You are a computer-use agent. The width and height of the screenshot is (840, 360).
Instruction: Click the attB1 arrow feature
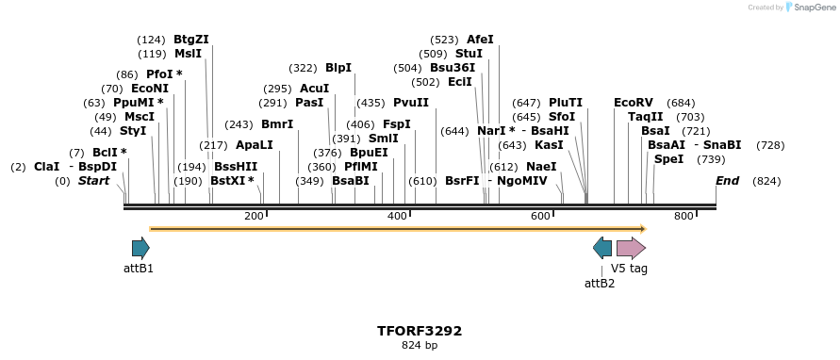tap(140, 248)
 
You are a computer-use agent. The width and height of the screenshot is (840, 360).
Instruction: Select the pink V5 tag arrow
tap(631, 248)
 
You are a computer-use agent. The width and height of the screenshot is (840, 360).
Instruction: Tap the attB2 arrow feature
tap(602, 248)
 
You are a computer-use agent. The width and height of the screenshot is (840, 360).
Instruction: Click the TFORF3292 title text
tap(420, 331)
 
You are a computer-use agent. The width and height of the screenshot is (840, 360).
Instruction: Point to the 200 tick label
tap(254, 217)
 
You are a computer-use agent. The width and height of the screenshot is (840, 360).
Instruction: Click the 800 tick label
tap(684, 217)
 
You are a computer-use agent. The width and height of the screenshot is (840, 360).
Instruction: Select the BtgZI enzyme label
tap(191, 40)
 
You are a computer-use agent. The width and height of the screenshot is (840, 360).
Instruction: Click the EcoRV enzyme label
tap(633, 103)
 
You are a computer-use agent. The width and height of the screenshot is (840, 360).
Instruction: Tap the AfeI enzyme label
tap(480, 40)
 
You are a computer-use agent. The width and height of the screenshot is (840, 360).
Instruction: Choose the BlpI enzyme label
tap(338, 68)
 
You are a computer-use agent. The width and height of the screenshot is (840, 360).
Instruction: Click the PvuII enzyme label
tap(411, 103)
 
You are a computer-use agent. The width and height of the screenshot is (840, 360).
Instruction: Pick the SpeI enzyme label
tap(668, 159)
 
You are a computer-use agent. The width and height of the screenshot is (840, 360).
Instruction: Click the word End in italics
tap(727, 181)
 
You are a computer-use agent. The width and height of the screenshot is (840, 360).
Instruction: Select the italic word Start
tap(93, 181)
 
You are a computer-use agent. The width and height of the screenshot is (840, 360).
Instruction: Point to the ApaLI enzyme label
tap(255, 145)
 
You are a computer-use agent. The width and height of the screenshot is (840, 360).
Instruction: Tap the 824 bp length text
tap(420, 346)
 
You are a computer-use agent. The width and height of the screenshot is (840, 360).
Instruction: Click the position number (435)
tap(371, 103)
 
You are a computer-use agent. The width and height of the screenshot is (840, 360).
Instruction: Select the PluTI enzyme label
tap(566, 103)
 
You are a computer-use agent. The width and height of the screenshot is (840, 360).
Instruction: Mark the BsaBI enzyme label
tap(351, 181)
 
